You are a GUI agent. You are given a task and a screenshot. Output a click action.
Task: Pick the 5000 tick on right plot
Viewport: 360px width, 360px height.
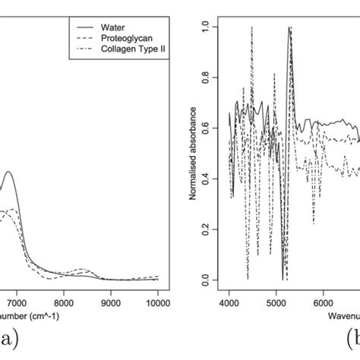[276, 302]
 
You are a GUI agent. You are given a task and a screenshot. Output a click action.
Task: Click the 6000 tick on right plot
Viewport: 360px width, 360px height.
[324, 302]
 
